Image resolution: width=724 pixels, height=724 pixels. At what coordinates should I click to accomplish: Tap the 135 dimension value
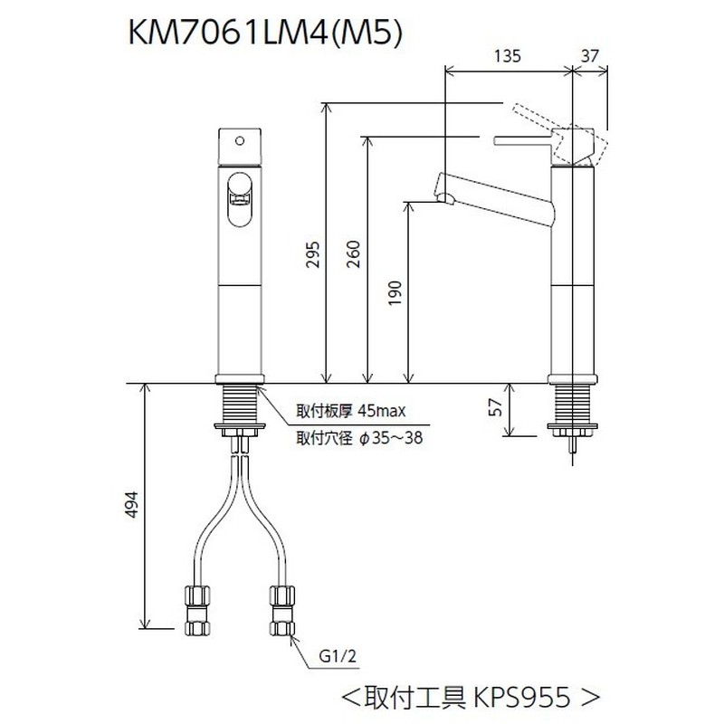(509, 56)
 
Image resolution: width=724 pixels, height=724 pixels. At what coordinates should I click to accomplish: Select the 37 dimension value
(592, 56)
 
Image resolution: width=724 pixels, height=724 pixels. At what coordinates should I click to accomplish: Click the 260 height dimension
(354, 257)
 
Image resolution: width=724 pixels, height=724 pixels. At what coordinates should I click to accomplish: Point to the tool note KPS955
(470, 698)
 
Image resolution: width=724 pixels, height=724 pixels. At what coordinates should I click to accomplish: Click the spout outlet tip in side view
(444, 197)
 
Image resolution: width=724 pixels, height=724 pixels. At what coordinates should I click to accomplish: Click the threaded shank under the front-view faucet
(239, 403)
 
